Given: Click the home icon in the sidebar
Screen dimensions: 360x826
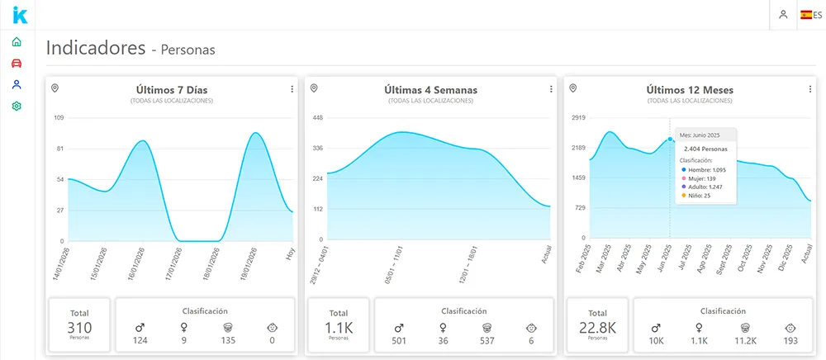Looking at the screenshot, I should pos(17,42).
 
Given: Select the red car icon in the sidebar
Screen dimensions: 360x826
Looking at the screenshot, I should pos(17,64).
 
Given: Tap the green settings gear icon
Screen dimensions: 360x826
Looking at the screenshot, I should pos(17,107).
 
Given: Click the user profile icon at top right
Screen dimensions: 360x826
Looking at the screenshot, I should pos(782,15).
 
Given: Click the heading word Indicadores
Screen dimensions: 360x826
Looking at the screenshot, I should pos(96,48).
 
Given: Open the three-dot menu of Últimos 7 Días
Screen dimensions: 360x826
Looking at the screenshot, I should pos(292,89).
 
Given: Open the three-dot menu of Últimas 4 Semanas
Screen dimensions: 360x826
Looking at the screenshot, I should pos(551,89).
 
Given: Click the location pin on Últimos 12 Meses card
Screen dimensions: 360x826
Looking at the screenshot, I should pos(573,88).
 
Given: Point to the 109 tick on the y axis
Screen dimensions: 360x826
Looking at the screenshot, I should pos(59,118).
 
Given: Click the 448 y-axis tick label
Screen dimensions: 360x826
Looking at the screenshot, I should pos(317,118).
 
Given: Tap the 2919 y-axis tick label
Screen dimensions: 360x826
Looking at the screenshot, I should pos(578,118).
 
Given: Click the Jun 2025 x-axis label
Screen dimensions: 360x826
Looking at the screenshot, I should pos(665,259).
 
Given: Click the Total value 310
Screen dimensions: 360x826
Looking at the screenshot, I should pos(79,328).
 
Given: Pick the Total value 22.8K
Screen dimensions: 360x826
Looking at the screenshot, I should pos(598,328).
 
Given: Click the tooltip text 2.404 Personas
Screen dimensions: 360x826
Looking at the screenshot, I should pos(705,149).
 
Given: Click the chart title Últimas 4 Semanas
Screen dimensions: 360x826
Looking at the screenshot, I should pos(430,90).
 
